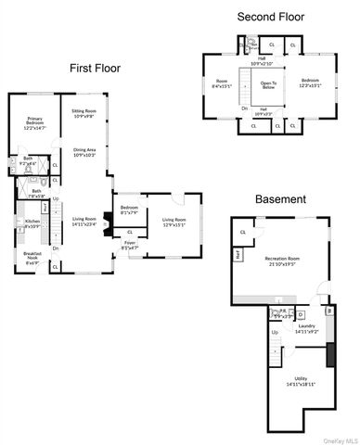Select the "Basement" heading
tap(283, 198)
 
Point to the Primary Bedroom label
tap(34, 122)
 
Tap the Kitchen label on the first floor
tap(31, 223)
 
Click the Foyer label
tap(130, 246)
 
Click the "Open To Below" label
tap(268, 86)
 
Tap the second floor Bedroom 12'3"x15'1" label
tap(310, 83)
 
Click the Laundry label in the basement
tap(308, 328)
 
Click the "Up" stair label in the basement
tap(275, 331)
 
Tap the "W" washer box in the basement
tap(328, 312)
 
